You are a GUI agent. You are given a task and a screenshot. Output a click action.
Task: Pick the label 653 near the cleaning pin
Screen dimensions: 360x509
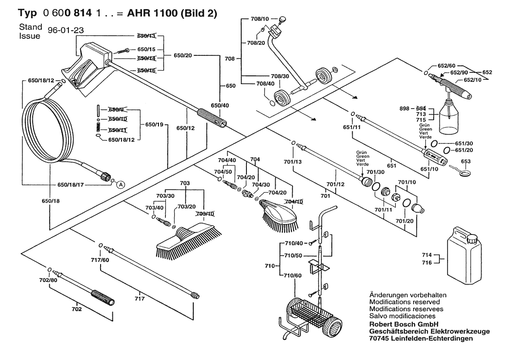click(466, 161)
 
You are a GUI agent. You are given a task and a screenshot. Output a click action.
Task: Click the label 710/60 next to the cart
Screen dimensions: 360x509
click(292, 275)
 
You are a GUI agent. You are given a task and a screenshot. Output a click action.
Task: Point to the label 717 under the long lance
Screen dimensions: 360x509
click(139, 299)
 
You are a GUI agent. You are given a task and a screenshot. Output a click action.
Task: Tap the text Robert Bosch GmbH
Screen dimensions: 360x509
click(397, 324)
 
